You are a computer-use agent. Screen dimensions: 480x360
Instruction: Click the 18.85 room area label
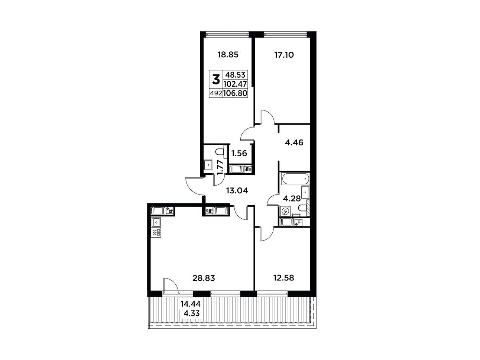coord(228,55)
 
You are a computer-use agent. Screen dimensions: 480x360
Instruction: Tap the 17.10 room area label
coord(284,55)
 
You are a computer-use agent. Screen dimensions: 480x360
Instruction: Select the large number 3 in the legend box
coord(216,80)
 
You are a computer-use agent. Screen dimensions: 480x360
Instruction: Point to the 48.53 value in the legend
coord(235,75)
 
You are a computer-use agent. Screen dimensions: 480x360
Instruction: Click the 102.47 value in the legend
coord(235,84)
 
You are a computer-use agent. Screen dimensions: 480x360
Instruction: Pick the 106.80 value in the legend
coord(235,93)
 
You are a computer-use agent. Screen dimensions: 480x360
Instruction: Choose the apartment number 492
coord(216,94)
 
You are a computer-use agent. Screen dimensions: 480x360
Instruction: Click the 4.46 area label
coord(294,143)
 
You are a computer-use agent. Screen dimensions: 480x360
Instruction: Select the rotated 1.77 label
coord(220,167)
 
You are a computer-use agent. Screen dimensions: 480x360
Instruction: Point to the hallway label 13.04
coord(237,191)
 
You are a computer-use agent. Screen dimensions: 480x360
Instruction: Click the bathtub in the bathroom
coord(295,179)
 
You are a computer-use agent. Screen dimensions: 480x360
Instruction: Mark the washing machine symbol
coord(285,212)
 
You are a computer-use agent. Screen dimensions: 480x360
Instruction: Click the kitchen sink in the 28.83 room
coord(156,223)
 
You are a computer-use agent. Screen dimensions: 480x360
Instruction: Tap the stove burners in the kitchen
coord(156,233)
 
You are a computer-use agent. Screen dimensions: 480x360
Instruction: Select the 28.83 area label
coord(204,278)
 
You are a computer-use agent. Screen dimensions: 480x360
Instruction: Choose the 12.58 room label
coord(283,278)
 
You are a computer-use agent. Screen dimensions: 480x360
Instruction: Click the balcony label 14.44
coord(191,304)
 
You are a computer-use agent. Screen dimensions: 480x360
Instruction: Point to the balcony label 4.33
coord(192,314)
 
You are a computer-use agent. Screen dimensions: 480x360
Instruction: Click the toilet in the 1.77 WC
coord(220,151)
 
